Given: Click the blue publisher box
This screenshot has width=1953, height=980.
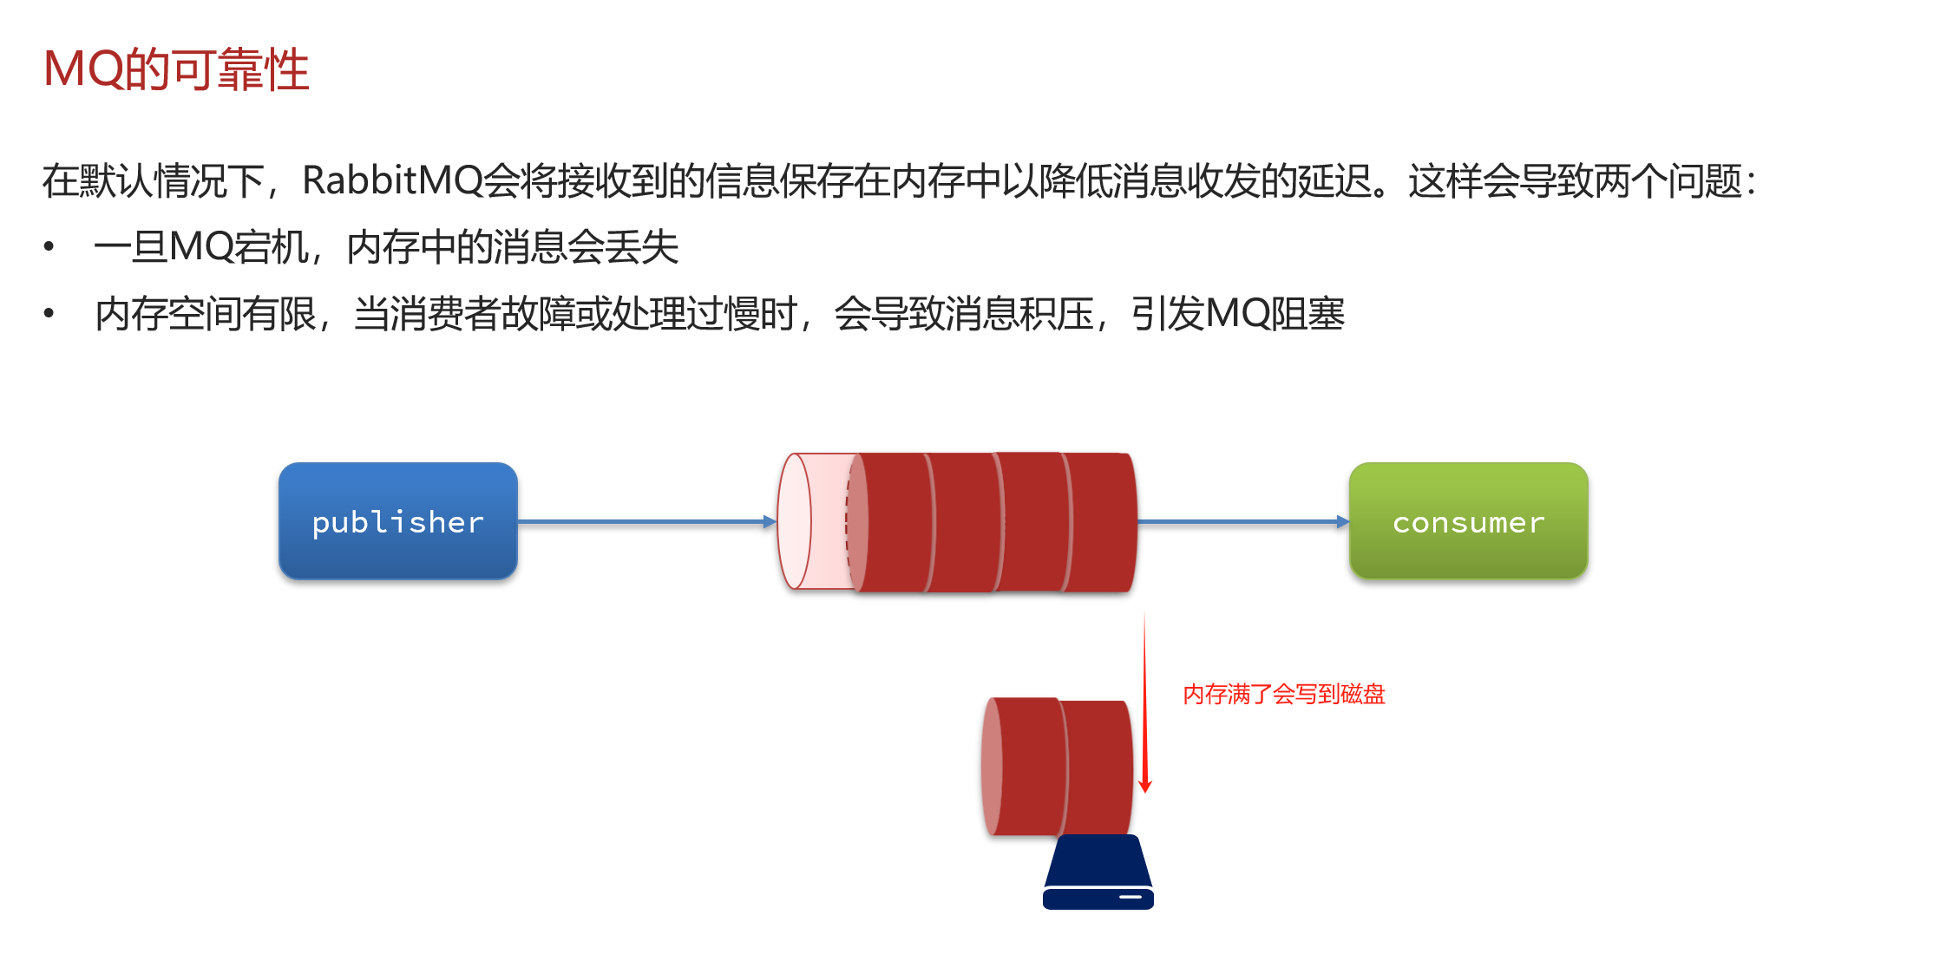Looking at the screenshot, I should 398,521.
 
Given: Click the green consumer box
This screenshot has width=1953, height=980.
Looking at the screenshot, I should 1468,521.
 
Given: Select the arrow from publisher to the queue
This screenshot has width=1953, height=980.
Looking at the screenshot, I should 642,521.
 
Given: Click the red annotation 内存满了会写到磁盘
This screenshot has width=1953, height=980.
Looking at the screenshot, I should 1283,695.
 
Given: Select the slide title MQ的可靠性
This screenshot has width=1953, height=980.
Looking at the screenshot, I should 176,69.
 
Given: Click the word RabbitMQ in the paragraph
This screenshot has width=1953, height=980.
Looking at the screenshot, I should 392,181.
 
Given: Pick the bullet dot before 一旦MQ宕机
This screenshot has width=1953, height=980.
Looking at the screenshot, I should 49,247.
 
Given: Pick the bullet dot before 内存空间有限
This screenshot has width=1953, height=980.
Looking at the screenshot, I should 49,313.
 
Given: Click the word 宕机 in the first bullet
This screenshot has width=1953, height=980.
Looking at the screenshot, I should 272,247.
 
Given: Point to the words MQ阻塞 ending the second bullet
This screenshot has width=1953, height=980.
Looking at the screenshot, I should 1275,314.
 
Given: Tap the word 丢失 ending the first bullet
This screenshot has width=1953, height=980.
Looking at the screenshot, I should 642,247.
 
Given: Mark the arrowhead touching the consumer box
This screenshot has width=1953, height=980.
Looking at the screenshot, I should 1343,521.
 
